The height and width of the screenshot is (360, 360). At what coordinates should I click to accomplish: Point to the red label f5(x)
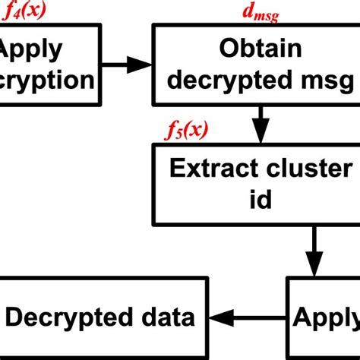pyautogui.click(x=186, y=131)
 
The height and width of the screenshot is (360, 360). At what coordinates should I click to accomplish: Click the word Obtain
pyautogui.click(x=261, y=49)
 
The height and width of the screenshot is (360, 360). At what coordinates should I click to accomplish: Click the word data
pyautogui.click(x=168, y=317)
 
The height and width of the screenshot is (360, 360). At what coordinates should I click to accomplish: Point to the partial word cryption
pyautogui.click(x=46, y=80)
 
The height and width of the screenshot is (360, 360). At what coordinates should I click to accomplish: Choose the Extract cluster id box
pyautogui.click(x=254, y=184)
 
